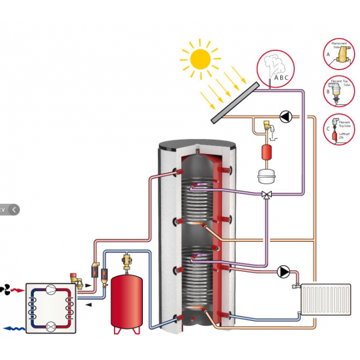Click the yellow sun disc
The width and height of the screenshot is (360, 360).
coord(200,58)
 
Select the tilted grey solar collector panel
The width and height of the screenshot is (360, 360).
coord(235,101)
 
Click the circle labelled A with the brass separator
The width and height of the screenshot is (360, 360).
coord(339,55)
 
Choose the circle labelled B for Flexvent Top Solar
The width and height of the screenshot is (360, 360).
coord(339,92)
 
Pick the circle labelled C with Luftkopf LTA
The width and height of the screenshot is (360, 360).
coord(339,129)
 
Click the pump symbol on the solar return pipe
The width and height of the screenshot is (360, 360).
coord(287,116)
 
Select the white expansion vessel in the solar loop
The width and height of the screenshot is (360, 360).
coord(264,175)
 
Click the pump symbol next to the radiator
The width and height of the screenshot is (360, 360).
coord(283,271)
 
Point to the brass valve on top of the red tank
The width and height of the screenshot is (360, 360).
coord(127,262)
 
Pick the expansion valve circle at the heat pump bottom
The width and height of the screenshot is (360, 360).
coord(51,326)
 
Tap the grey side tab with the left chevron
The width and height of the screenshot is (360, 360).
coord(10,209)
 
